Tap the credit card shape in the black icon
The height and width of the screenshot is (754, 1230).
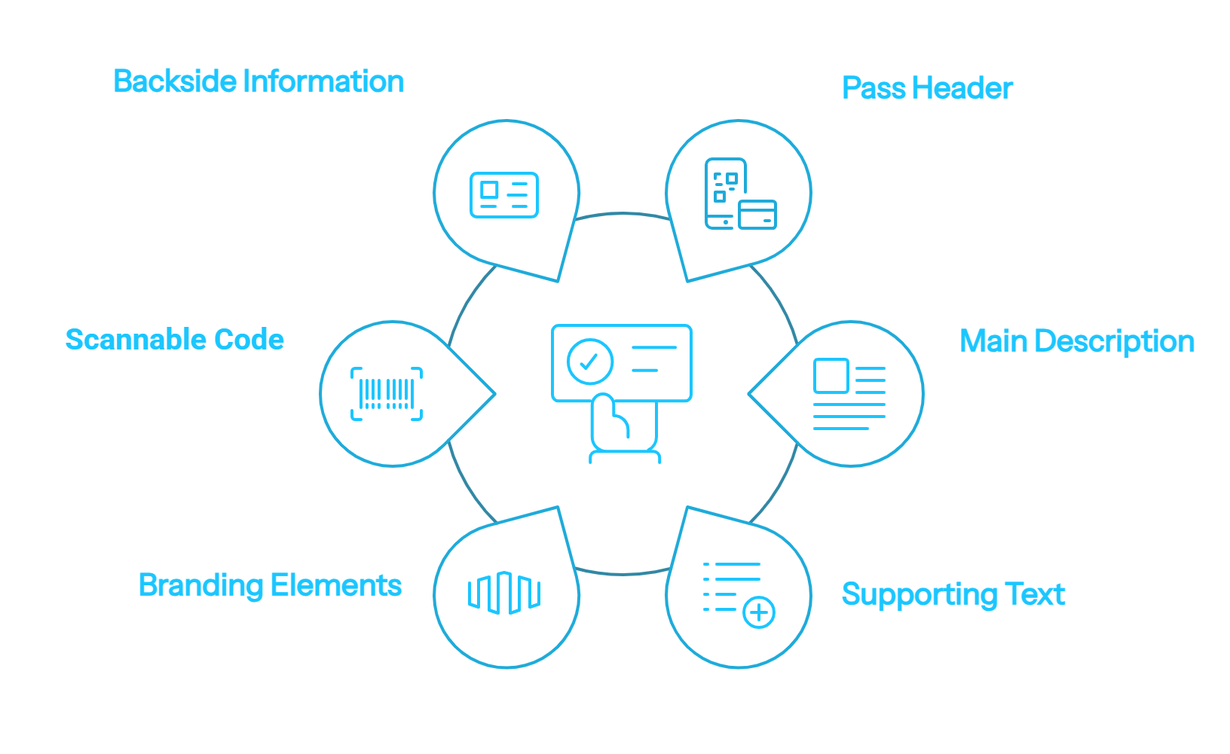[757, 214]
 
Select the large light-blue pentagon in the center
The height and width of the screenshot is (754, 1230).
[623, 392]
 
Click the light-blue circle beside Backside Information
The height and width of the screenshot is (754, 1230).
[505, 194]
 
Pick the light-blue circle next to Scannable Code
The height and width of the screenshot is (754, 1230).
[393, 392]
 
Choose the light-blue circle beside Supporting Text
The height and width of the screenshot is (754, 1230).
[739, 592]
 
